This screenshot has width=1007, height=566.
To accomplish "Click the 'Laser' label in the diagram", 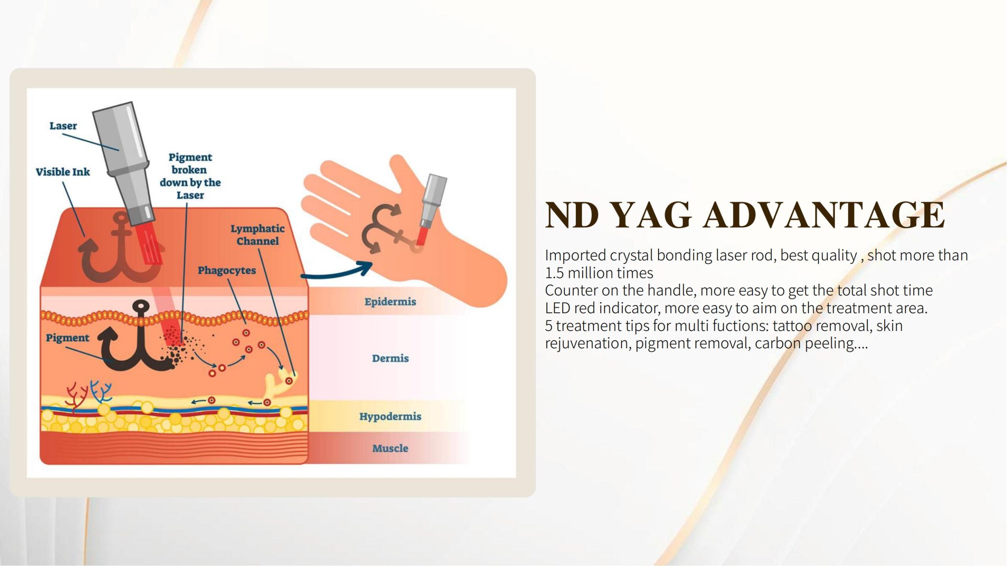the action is [63, 126].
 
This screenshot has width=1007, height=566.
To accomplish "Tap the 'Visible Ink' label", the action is [63, 172].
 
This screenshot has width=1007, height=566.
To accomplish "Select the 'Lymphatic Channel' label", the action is [257, 235].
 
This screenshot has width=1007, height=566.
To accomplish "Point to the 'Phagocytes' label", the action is [227, 270].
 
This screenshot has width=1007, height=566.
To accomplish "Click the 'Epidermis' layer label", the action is [390, 302].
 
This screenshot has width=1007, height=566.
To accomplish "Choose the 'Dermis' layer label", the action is [390, 358].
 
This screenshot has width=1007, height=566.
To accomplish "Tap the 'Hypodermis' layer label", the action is [390, 416].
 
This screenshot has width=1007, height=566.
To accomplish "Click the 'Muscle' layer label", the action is [390, 448].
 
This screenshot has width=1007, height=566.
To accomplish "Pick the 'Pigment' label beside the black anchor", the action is [68, 338].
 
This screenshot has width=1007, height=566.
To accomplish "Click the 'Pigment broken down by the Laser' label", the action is [190, 176].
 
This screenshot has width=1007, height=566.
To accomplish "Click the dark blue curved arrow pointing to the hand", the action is [337, 272].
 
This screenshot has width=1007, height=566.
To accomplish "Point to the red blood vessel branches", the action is [76, 397].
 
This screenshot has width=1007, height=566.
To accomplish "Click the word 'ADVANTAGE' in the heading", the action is [824, 215].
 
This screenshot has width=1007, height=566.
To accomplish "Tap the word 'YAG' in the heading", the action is [652, 215].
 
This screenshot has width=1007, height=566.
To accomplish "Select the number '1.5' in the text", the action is [554, 272].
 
